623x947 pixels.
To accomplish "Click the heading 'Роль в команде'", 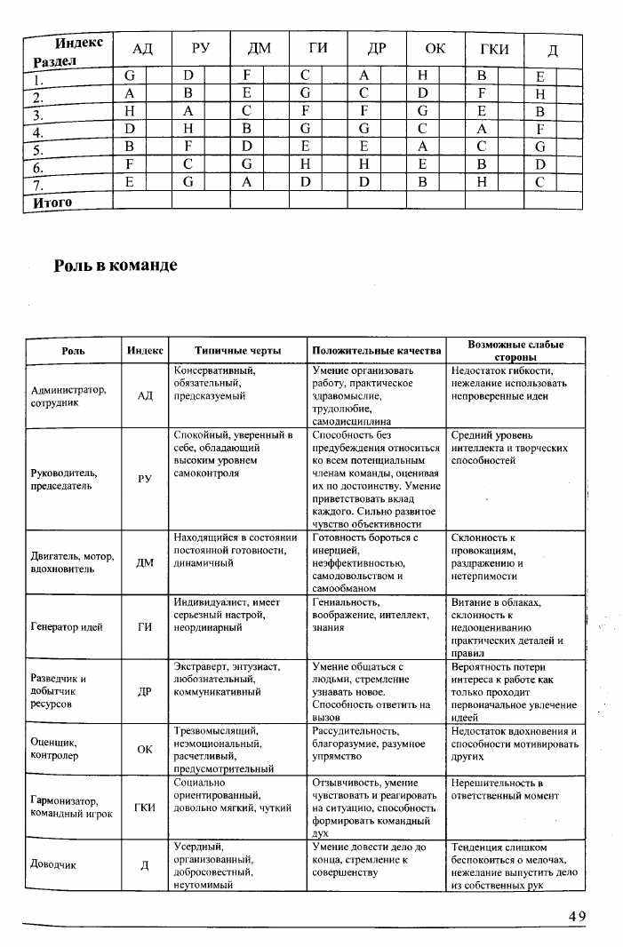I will pyautogui.click(x=116, y=266).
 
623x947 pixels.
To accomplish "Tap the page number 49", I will pyautogui.click(x=578, y=916).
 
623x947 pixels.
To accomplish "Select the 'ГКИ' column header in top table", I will pyautogui.click(x=494, y=49).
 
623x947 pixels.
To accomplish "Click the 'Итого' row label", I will pyautogui.click(x=52, y=202).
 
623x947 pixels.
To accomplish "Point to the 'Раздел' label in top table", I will pyautogui.click(x=54, y=61).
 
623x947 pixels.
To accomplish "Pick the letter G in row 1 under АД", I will pyautogui.click(x=130, y=77).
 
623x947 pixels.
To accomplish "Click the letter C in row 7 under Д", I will pyautogui.click(x=539, y=182).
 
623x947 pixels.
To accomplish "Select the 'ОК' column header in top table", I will pyautogui.click(x=435, y=49).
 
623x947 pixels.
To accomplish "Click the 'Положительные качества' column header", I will pyautogui.click(x=376, y=351).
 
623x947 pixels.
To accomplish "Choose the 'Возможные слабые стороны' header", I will pyautogui.click(x=515, y=350).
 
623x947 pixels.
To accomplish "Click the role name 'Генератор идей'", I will pyautogui.click(x=67, y=626).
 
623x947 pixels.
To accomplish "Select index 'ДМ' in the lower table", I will pyautogui.click(x=145, y=562).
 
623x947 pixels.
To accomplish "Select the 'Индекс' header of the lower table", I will pyautogui.click(x=145, y=351).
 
